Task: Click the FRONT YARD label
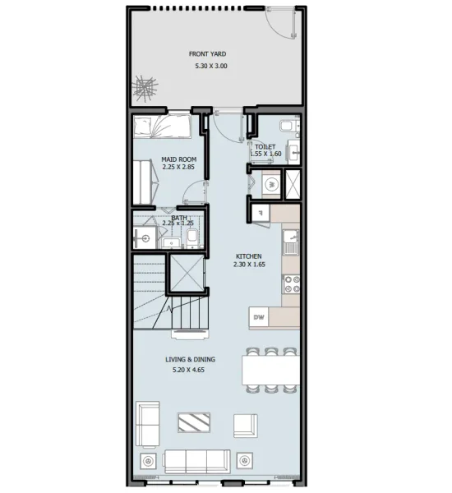[207, 54]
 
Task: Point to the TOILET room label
[265, 146]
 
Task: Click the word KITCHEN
[249, 256]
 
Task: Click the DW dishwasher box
[258, 317]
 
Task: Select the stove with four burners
[290, 285]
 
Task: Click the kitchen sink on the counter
[290, 242]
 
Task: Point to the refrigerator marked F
[260, 213]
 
